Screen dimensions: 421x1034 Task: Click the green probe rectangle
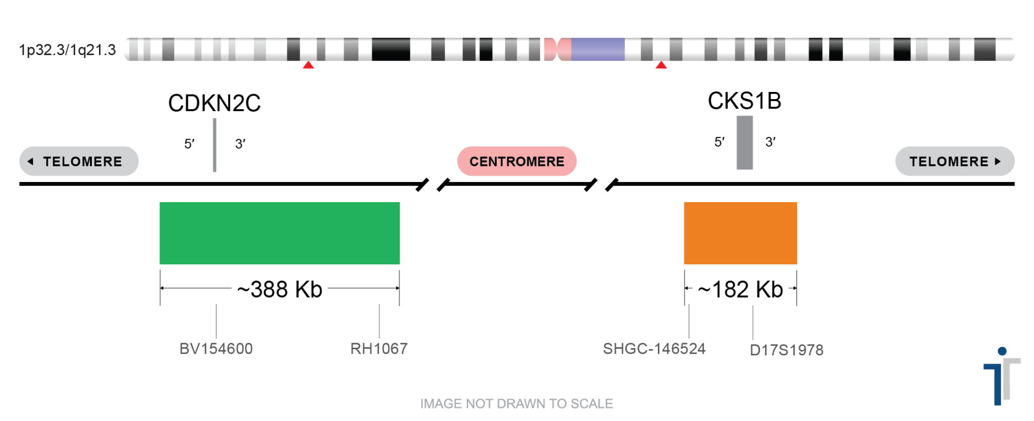(x=279, y=233)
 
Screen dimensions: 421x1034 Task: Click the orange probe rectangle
(x=740, y=233)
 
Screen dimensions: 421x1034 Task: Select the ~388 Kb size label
(x=279, y=288)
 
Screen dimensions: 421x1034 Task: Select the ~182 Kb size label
(x=740, y=288)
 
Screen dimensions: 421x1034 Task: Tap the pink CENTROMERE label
(x=516, y=161)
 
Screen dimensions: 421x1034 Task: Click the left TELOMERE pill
(x=79, y=161)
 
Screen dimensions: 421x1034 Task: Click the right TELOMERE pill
(x=955, y=161)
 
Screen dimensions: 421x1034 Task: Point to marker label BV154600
(x=216, y=349)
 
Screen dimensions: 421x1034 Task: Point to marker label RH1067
(x=379, y=349)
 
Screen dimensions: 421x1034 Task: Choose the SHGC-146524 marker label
(x=654, y=349)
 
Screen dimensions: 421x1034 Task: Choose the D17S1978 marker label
(x=786, y=350)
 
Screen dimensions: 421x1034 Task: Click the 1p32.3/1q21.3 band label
(x=67, y=50)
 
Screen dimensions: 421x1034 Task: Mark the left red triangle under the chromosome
(x=308, y=65)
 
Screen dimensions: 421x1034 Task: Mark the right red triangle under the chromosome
(x=661, y=65)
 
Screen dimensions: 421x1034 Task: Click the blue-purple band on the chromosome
(x=598, y=49)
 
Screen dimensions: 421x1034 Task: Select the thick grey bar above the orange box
(x=744, y=143)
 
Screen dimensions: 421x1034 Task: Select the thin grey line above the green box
(x=215, y=145)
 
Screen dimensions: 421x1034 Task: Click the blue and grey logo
(x=1002, y=377)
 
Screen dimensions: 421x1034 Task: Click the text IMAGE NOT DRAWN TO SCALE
(x=516, y=404)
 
